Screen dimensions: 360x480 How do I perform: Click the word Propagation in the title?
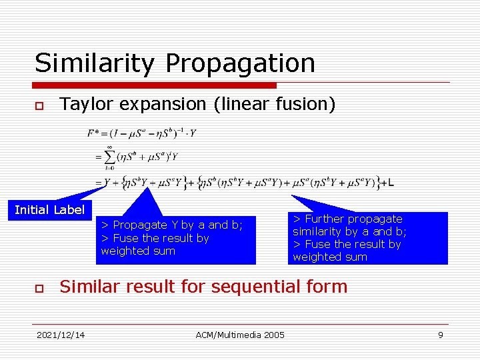coord(240,63)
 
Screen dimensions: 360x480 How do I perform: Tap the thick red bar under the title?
coord(155,85)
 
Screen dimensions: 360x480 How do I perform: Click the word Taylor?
coord(83,104)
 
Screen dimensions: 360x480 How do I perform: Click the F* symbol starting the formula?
coord(94,133)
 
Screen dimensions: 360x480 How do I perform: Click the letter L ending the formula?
coord(391,183)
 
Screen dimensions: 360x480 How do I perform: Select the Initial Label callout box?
coord(49,210)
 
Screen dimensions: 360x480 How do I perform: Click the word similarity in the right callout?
coord(318,231)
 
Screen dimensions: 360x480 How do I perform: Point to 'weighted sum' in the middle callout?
coord(138,251)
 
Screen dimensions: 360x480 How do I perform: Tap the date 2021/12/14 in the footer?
coord(61,335)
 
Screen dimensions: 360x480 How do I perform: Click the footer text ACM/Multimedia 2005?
coord(240,335)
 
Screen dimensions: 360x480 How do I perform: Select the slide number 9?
coord(440,335)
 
